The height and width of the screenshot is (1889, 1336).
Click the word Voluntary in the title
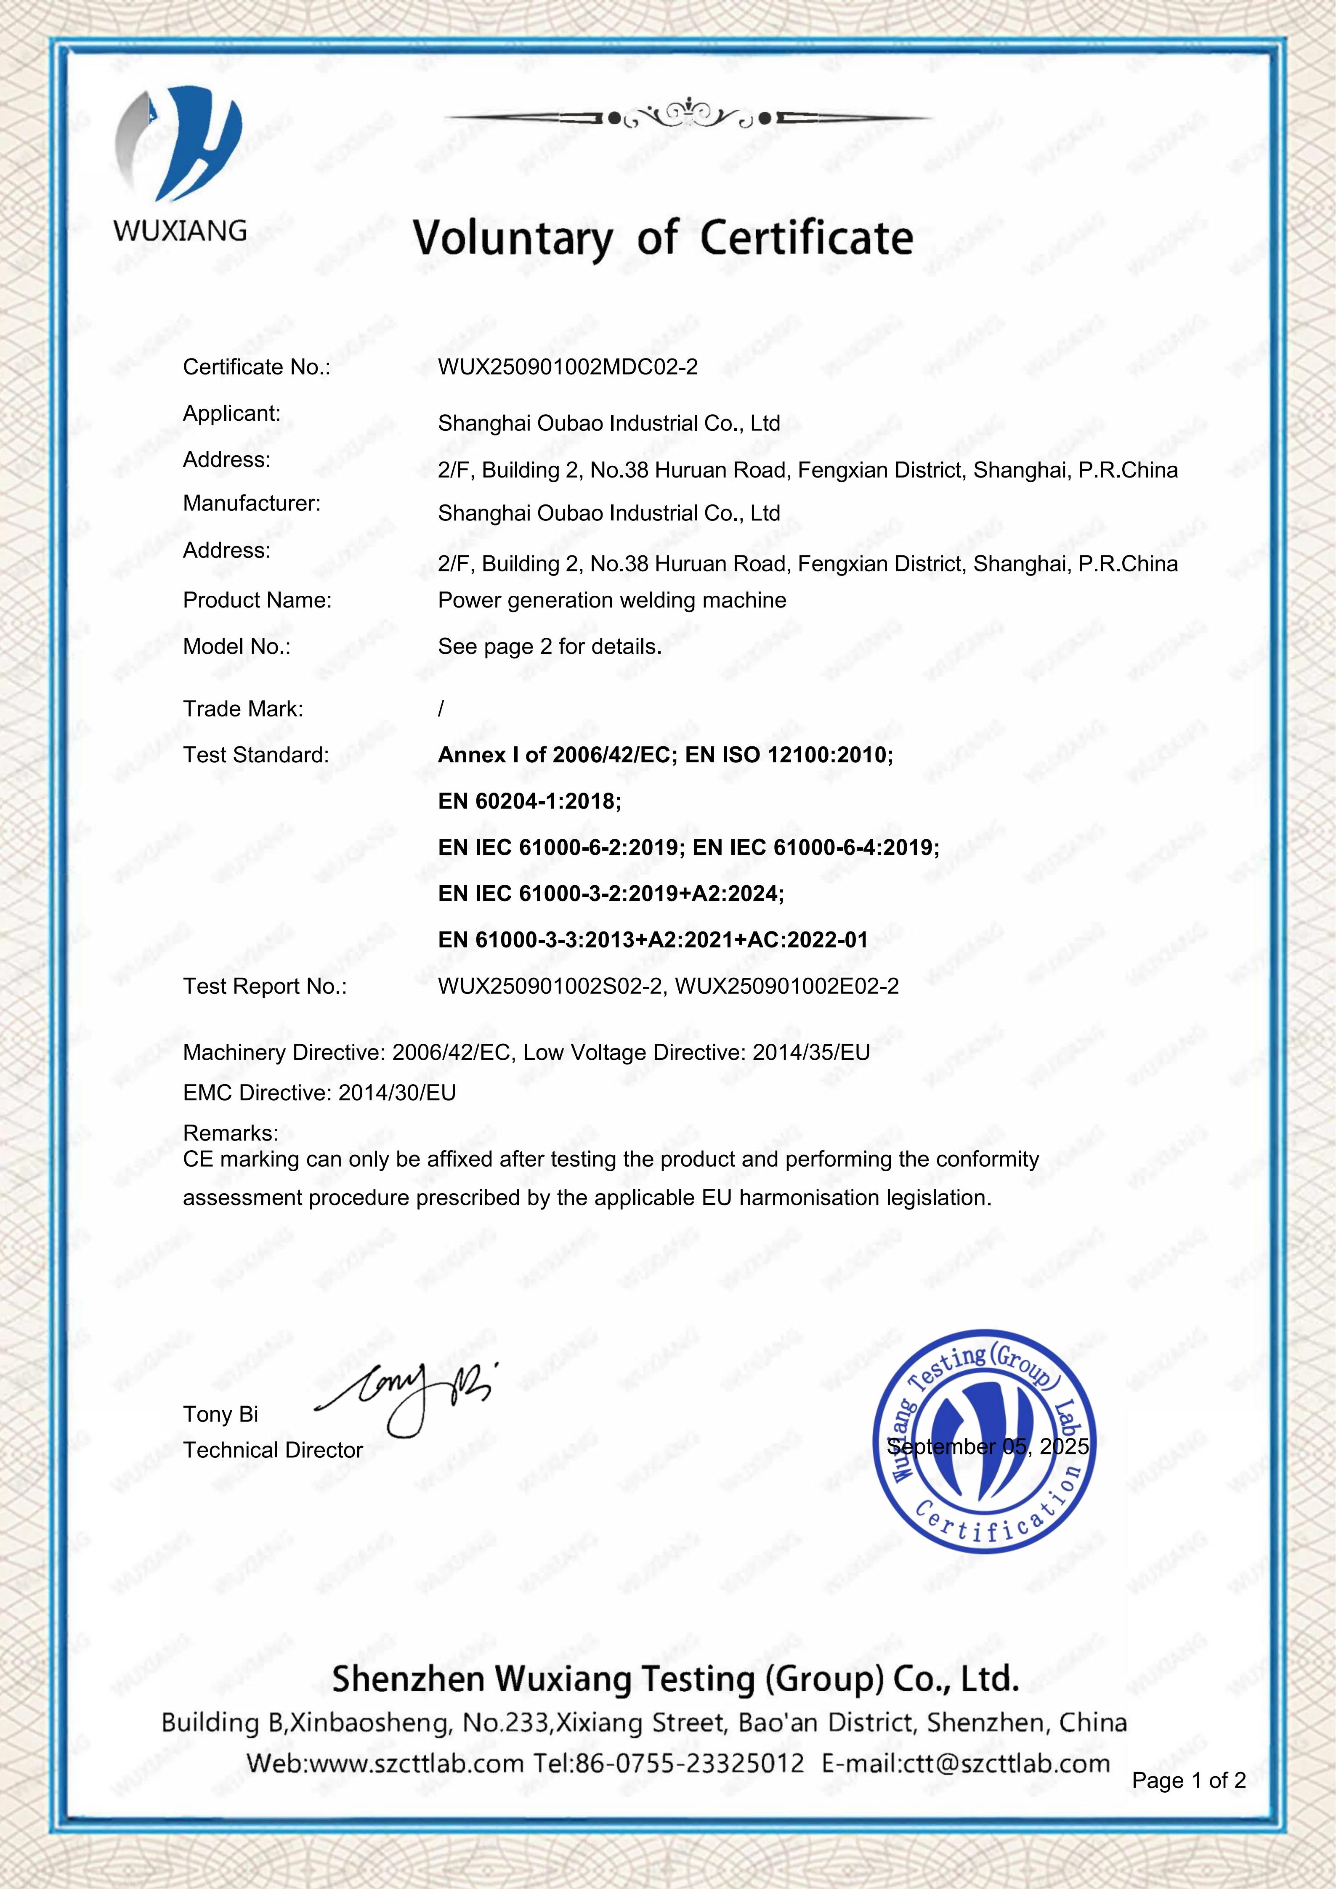[x=512, y=239]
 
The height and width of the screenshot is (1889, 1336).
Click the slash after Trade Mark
[x=441, y=708]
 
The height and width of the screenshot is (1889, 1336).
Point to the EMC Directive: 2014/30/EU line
[x=319, y=1093]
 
